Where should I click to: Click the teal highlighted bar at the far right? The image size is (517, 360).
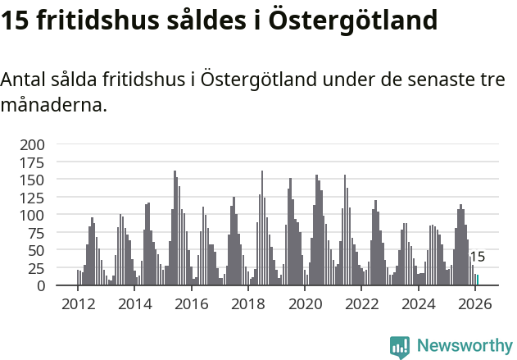click(478, 280)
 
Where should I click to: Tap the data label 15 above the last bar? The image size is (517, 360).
click(478, 257)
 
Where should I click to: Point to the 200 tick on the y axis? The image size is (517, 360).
click(34, 144)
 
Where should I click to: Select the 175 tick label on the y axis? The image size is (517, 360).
click(34, 162)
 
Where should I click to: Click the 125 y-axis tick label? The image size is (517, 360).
click(34, 198)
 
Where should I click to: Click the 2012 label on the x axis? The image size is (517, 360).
click(78, 304)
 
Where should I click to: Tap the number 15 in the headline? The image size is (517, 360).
click(16, 20)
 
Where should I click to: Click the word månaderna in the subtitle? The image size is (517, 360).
click(54, 105)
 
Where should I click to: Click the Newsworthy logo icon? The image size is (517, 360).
click(400, 347)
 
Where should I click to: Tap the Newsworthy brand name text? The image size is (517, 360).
click(465, 346)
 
